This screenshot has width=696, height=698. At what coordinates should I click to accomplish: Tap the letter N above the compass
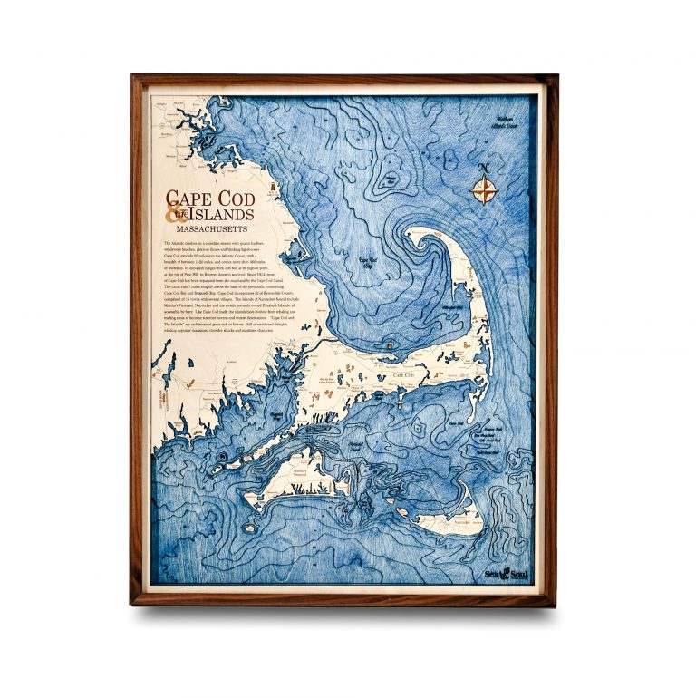click(x=486, y=169)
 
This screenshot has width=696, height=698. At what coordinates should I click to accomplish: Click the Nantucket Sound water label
click(x=355, y=448)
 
